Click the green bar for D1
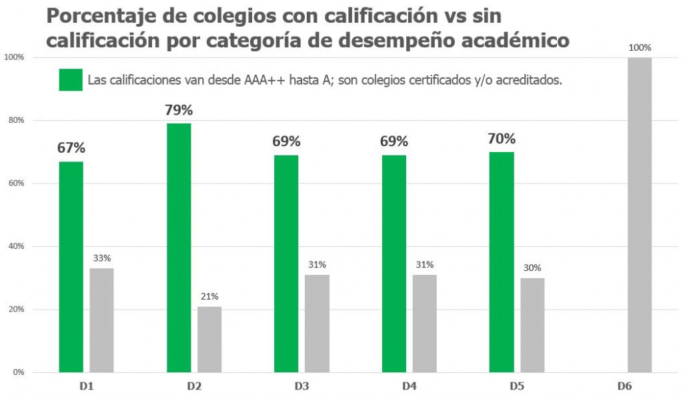coord(71,267)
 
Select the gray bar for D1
coord(102,320)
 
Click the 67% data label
coord(71,148)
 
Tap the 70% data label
coord(502,139)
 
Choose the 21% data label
coord(209,296)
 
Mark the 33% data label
coord(102,258)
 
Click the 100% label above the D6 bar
coord(640,47)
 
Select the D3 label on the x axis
coord(301,386)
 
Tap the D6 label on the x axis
coord(624,386)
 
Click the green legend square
coord(71,79)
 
